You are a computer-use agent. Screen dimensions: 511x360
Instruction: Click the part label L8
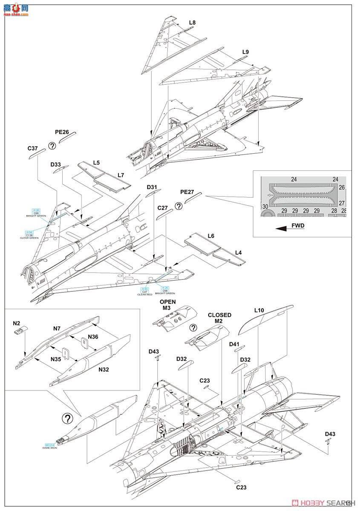coord(192,23)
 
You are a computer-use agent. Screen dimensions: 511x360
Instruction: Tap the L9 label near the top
coord(245,52)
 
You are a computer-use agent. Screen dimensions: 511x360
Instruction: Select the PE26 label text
coord(62,132)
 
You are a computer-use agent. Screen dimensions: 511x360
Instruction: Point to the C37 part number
coord(33,148)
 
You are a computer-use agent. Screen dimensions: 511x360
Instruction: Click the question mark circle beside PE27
coord(179,206)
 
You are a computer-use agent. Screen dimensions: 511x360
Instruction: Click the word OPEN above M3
coord(167,302)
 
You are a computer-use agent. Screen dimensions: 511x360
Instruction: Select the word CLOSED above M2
coord(219,315)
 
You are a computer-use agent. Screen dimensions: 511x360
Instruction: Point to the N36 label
coord(93,336)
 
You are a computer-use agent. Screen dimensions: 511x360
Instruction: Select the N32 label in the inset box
coord(104,369)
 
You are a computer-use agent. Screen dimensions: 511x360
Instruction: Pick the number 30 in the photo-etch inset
coord(265,207)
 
